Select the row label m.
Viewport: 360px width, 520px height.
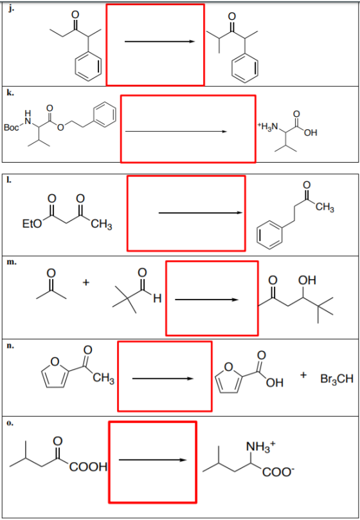pos(12,262)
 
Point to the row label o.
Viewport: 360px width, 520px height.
pos(11,423)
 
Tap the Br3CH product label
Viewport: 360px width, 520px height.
pos(337,379)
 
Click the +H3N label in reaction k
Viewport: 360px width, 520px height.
pos(268,127)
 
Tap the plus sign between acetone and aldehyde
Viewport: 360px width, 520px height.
pos(86,283)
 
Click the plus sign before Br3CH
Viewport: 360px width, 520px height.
pos(303,375)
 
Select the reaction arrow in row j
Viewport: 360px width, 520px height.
pos(159,41)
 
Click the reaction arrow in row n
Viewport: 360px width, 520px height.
pos(163,379)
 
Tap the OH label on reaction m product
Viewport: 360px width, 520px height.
pos(307,280)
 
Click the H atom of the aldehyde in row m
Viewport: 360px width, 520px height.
pos(157,300)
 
